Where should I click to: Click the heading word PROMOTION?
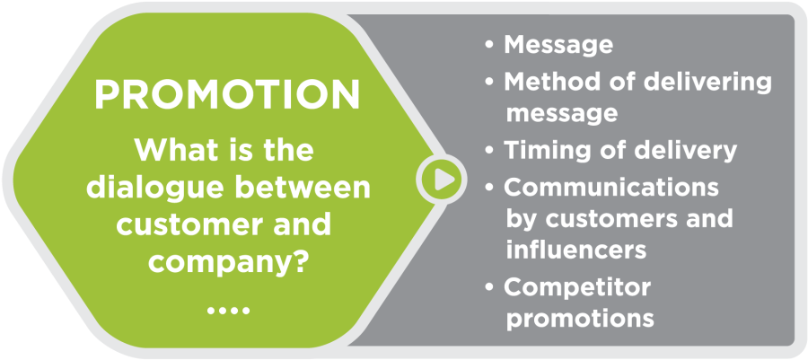pyautogui.click(x=227, y=94)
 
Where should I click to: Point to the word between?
pyautogui.click(x=301, y=188)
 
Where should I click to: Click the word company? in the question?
pyautogui.click(x=228, y=264)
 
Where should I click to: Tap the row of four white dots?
pyautogui.click(x=228, y=311)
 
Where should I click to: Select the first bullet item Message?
pyautogui.click(x=558, y=45)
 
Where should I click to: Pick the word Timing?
pyautogui.click(x=548, y=151)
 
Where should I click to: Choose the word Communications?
pyautogui.click(x=611, y=188)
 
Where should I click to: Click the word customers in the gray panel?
pyautogui.click(x=613, y=219)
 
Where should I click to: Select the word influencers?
pyautogui.click(x=576, y=250)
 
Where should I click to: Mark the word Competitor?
pyautogui.click(x=577, y=288)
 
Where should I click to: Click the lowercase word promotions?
pyautogui.click(x=580, y=319)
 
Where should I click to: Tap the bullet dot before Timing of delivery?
pyautogui.click(x=489, y=152)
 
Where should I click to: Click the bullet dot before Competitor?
pyautogui.click(x=489, y=288)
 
